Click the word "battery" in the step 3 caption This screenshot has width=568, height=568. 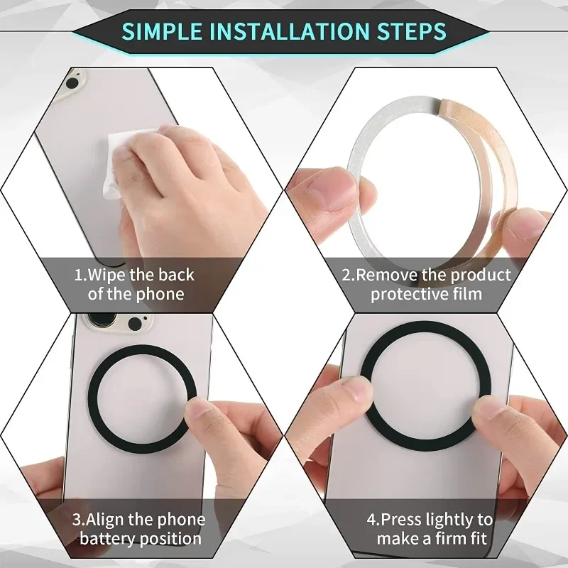click(x=106, y=539)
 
